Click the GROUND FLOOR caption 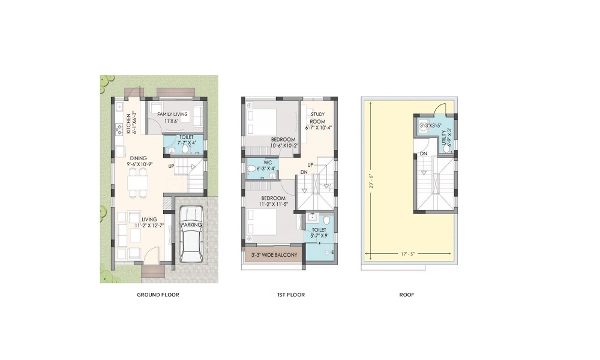click(x=158, y=295)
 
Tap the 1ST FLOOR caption click(x=291, y=295)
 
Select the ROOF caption click(x=407, y=295)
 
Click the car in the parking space click(x=191, y=234)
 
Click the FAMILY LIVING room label click(x=172, y=114)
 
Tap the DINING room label click(x=138, y=158)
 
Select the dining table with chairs click(x=138, y=183)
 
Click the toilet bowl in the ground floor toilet click(x=185, y=149)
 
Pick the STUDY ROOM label click(x=317, y=118)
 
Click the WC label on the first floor click(x=268, y=163)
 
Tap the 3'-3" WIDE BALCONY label click(x=274, y=255)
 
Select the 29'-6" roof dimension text click(x=371, y=181)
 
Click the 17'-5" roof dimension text click(x=408, y=254)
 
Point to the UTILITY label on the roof click(x=444, y=138)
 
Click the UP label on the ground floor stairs click(x=171, y=166)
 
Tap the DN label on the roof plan click(x=423, y=154)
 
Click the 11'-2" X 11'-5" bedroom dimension click(x=274, y=204)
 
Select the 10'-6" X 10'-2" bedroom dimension click(x=284, y=146)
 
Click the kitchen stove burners click(x=119, y=130)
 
